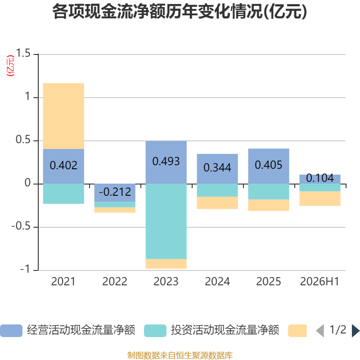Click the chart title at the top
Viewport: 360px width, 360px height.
point(180,12)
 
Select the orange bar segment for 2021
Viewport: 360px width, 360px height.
point(63,116)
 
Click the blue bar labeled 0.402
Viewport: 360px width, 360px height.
point(63,166)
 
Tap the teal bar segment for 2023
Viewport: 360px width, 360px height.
point(166,221)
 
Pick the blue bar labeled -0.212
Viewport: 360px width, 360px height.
point(115,193)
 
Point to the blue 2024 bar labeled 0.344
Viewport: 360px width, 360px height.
point(217,169)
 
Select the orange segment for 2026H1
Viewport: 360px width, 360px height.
point(320,198)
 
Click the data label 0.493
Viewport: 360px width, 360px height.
point(166,161)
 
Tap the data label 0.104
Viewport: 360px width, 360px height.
point(320,178)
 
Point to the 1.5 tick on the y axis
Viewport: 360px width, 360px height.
point(23,53)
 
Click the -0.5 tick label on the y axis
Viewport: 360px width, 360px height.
point(21,226)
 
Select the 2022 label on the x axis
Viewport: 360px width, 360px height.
point(115,282)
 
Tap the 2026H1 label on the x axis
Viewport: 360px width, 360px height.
point(319,282)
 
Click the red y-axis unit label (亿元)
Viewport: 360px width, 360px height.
point(10,65)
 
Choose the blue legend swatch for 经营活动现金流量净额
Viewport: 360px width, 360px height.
point(11,331)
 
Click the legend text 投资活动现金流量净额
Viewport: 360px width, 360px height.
point(225,330)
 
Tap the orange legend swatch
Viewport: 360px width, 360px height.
point(297,331)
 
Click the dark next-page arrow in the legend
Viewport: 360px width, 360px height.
point(355,331)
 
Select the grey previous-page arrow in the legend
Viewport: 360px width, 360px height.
point(320,331)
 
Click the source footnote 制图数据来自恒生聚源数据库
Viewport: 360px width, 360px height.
point(180,355)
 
